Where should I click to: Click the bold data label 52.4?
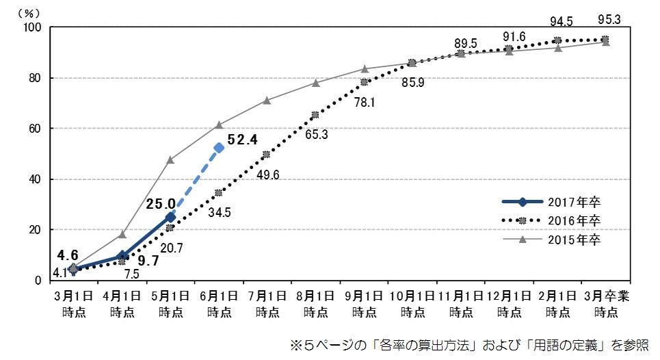click(x=243, y=140)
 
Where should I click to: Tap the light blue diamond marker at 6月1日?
click(x=219, y=148)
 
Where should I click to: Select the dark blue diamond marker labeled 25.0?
click(x=170, y=217)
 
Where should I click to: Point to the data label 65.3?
click(x=315, y=134)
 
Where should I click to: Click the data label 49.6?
click(x=267, y=174)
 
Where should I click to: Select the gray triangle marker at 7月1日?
click(x=267, y=100)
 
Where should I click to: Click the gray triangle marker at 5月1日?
click(x=170, y=159)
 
